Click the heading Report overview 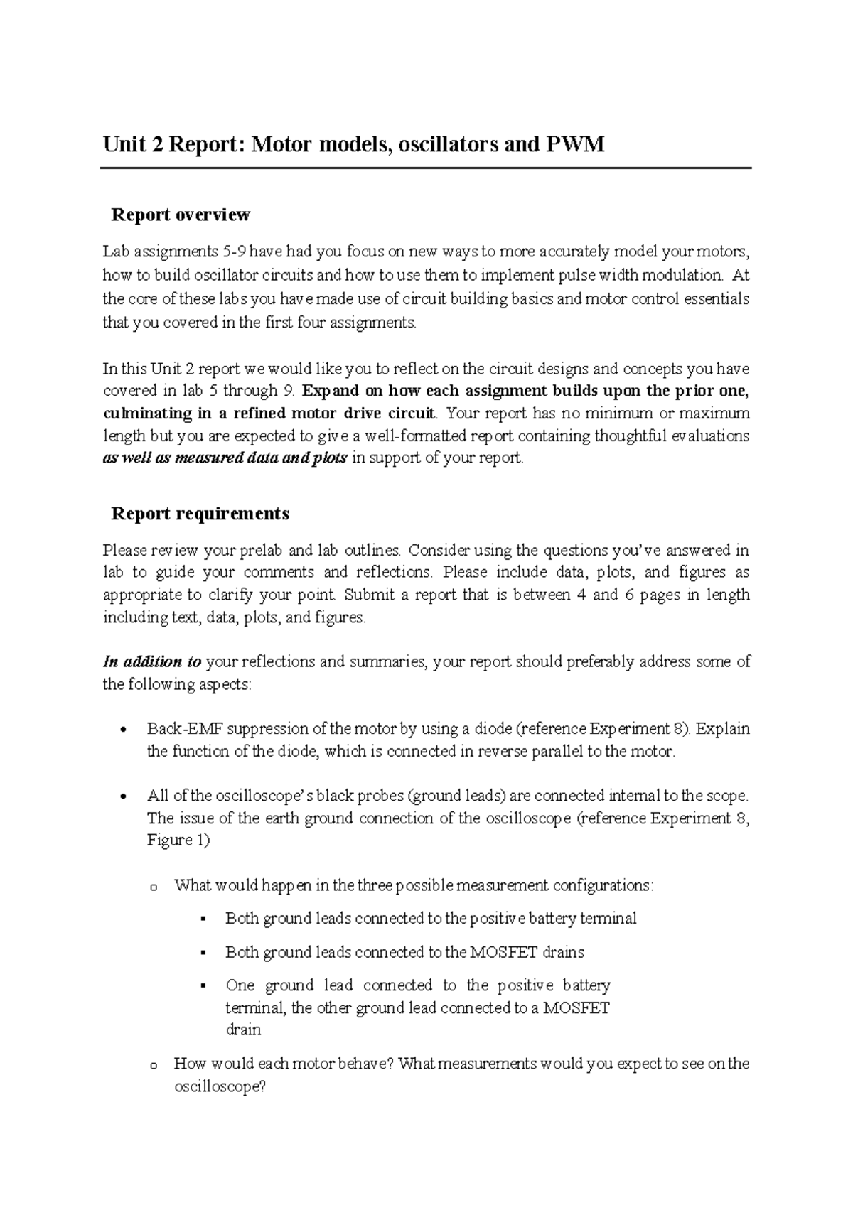pyautogui.click(x=181, y=214)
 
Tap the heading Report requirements pyautogui.click(x=200, y=513)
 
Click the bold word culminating pyautogui.click(x=145, y=414)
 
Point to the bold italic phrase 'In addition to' pyautogui.click(x=152, y=662)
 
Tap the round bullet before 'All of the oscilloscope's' pyautogui.click(x=124, y=796)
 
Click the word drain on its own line pyautogui.click(x=243, y=1030)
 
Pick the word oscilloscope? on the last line pyautogui.click(x=220, y=1087)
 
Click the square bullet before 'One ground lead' pyautogui.click(x=203, y=986)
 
